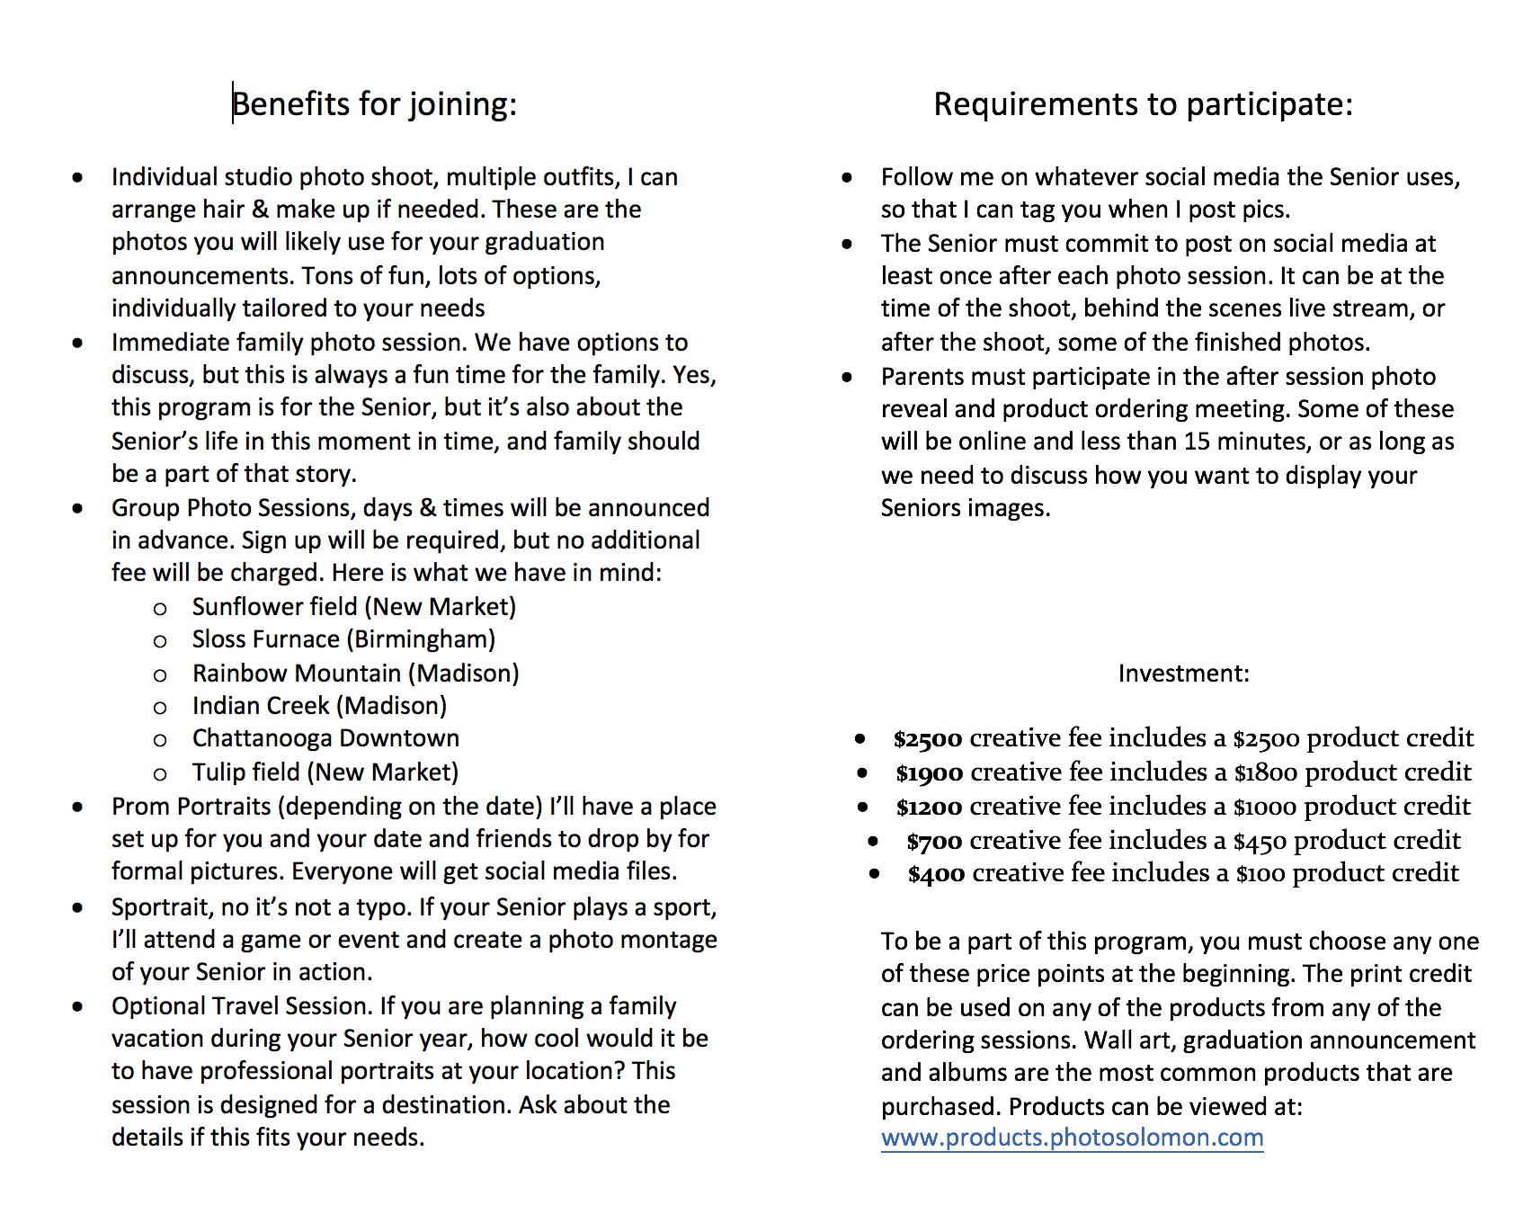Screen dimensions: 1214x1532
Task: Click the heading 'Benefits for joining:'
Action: coord(375,104)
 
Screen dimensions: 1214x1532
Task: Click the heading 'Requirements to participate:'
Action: coord(1143,104)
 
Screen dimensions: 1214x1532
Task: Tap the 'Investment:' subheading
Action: coord(1183,674)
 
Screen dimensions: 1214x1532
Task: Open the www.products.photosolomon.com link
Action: coord(1072,1138)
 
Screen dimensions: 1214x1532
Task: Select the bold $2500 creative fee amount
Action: coord(928,739)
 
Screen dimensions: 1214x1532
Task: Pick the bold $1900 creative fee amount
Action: coord(929,773)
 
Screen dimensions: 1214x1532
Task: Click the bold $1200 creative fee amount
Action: coord(929,808)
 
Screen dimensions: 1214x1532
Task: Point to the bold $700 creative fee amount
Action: coord(934,842)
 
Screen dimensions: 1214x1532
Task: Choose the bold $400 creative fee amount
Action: coord(936,874)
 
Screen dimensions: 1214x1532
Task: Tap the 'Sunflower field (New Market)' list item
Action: coord(354,607)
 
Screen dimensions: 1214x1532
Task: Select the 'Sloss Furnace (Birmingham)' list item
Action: coord(343,639)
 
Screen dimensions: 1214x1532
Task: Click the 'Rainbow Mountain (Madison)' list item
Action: coord(355,674)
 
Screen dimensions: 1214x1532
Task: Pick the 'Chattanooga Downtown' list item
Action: coord(325,738)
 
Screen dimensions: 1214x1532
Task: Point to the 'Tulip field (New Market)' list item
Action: coord(325,772)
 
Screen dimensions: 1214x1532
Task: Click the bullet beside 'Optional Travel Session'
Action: coord(79,1006)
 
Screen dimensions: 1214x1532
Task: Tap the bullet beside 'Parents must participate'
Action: coord(848,377)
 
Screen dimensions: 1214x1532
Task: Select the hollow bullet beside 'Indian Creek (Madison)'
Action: coord(160,708)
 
